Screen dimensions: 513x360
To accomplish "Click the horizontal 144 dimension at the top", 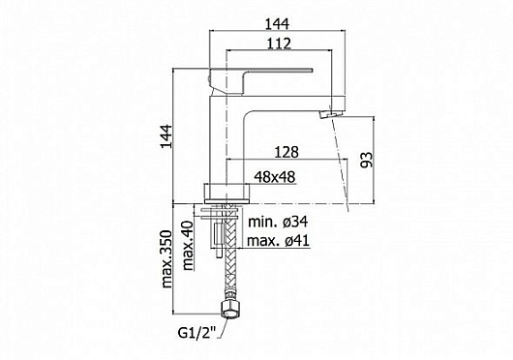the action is (x=277, y=24).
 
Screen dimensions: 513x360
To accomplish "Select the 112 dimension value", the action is (x=279, y=44).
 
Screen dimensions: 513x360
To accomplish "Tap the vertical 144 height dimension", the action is (x=166, y=136).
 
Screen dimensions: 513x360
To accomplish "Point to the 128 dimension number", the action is (x=287, y=152).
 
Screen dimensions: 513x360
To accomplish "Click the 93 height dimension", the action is (x=367, y=160).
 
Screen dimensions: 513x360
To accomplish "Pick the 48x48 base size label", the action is (x=275, y=177).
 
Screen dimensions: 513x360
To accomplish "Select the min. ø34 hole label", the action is (x=278, y=222).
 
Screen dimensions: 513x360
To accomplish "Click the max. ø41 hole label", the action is (x=278, y=241).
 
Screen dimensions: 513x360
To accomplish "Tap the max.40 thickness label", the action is (x=188, y=246).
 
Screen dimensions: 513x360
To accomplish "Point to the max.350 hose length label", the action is (x=166, y=259).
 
